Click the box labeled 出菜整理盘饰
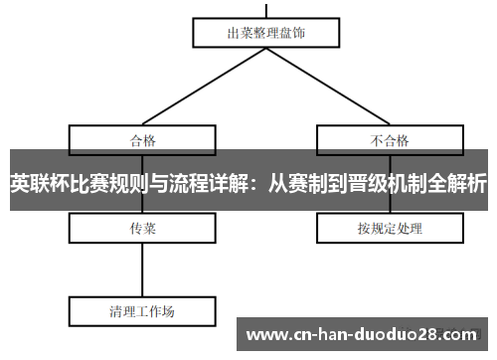click(266, 32)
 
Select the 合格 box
click(143, 138)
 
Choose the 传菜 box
click(143, 229)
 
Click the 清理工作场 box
click(143, 310)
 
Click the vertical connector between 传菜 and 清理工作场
click(143, 269)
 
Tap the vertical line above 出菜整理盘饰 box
click(266, 8)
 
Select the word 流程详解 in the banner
click(209, 183)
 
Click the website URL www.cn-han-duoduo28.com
click(362, 333)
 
